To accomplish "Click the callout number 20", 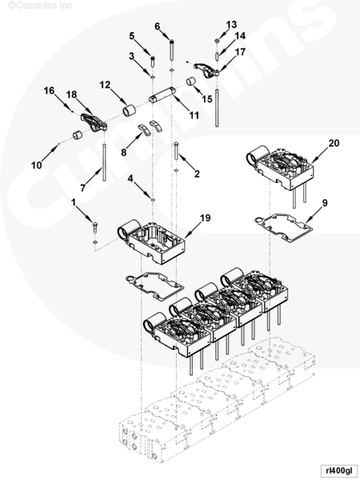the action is click(334, 143).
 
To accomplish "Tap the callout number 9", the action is click(325, 202).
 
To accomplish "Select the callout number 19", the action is click(206, 218).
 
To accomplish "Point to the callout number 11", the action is click(194, 115).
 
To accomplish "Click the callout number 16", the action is click(49, 90).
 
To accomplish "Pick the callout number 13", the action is click(231, 25).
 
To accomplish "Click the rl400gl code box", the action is click(339, 470).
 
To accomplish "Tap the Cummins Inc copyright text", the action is click(40, 6).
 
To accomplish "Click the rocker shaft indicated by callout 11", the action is click(162, 95).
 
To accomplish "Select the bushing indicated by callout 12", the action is click(129, 110).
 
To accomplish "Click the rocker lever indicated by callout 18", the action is click(94, 122).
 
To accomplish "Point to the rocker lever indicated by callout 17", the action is click(206, 70).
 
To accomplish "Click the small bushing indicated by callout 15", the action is click(192, 82).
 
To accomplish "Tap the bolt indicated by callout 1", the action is click(95, 227).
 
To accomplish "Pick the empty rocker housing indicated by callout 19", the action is click(151, 242).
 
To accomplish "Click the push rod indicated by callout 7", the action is click(105, 162).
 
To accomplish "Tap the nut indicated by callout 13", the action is click(217, 41).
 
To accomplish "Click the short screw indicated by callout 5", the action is click(153, 62).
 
